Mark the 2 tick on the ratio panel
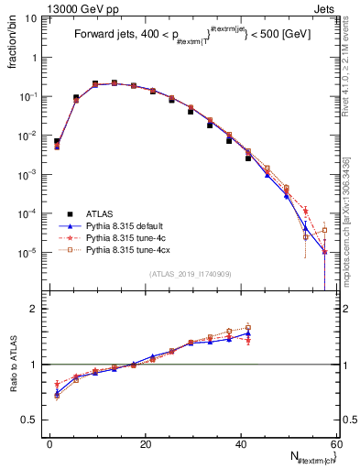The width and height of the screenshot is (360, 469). click(37, 309)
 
